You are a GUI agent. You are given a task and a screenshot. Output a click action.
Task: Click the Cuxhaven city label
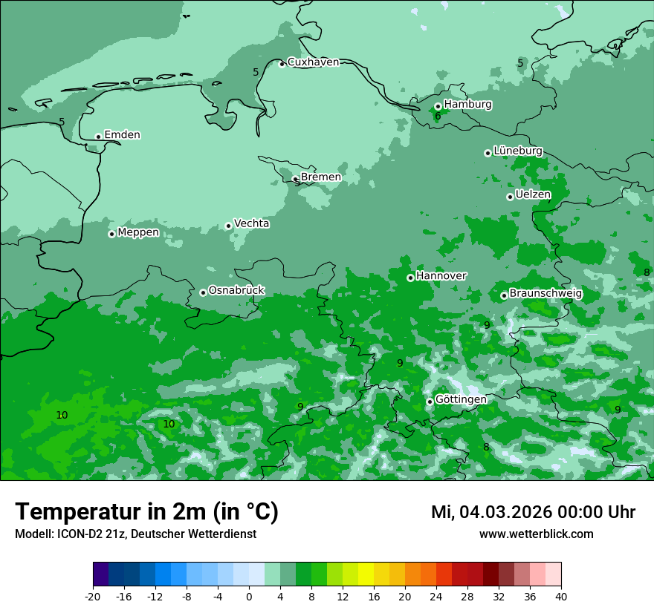(x=313, y=62)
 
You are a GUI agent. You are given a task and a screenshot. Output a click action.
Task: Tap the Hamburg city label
(x=467, y=105)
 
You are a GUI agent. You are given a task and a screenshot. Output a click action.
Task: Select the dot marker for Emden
(x=98, y=137)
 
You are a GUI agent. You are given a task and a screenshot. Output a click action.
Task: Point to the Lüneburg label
(x=517, y=151)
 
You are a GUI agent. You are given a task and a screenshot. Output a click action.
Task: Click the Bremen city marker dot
(x=295, y=179)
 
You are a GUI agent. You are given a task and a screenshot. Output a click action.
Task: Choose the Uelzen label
(x=533, y=195)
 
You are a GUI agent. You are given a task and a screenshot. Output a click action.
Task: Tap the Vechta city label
(x=251, y=223)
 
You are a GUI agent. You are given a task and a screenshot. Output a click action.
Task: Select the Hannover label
(x=441, y=276)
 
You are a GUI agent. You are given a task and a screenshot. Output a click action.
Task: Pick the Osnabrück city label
(x=236, y=290)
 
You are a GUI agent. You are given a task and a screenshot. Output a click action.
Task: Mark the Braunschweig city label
(x=545, y=294)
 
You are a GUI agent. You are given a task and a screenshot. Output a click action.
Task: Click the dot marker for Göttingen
(x=430, y=402)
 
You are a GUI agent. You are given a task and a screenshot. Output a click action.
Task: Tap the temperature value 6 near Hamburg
(x=438, y=117)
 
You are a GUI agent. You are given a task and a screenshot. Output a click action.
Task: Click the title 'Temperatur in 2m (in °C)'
(x=146, y=512)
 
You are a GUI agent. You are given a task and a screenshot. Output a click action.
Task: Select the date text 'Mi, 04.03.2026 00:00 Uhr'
(x=533, y=512)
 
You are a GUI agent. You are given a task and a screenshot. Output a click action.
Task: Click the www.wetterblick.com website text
(x=536, y=534)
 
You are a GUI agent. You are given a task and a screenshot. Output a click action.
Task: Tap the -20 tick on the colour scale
(x=93, y=597)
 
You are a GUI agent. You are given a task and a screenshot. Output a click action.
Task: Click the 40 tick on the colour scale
(x=560, y=597)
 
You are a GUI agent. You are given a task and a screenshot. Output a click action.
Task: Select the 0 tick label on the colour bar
(x=249, y=597)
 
